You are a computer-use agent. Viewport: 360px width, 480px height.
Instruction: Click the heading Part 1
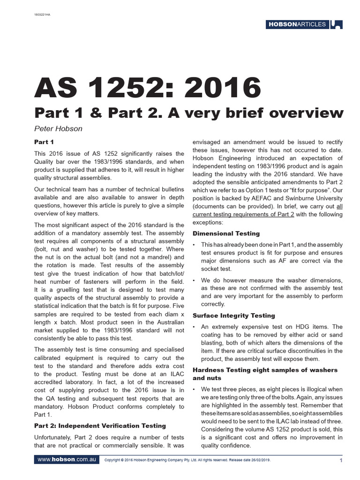coord(45,142)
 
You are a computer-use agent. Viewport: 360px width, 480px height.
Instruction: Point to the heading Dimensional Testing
coord(226,233)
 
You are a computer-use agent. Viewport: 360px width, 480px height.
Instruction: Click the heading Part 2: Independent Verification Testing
coord(100,425)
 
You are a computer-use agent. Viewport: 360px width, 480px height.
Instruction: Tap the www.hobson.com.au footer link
coord(66,460)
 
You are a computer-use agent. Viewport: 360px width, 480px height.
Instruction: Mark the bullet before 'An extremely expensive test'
coord(195,327)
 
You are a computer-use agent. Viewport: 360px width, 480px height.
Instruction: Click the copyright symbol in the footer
coord(122,460)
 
